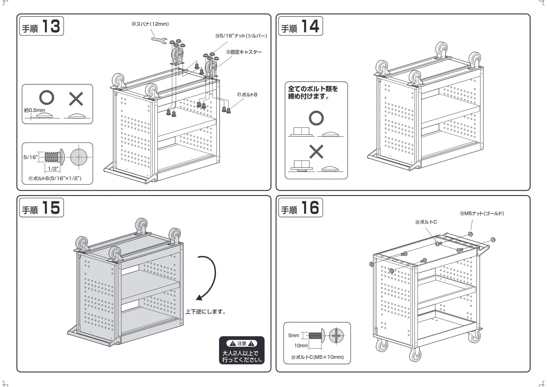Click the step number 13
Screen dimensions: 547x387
(51, 26)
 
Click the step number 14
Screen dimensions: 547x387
(310, 26)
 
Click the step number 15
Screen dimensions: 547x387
(51, 208)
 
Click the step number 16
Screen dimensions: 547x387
(310, 208)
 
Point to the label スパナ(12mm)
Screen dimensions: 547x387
(150, 24)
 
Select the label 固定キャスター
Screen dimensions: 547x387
(244, 52)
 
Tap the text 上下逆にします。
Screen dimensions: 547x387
(206, 311)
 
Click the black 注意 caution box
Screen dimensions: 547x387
(242, 350)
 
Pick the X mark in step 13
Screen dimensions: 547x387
(76, 99)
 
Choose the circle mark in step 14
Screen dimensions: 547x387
(316, 118)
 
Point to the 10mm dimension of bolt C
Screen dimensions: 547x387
(301, 346)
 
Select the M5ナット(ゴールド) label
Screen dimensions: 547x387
(482, 213)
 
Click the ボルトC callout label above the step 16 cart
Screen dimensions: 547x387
(426, 222)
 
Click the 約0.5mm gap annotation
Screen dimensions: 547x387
(34, 110)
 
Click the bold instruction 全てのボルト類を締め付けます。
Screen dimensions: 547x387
(313, 93)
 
